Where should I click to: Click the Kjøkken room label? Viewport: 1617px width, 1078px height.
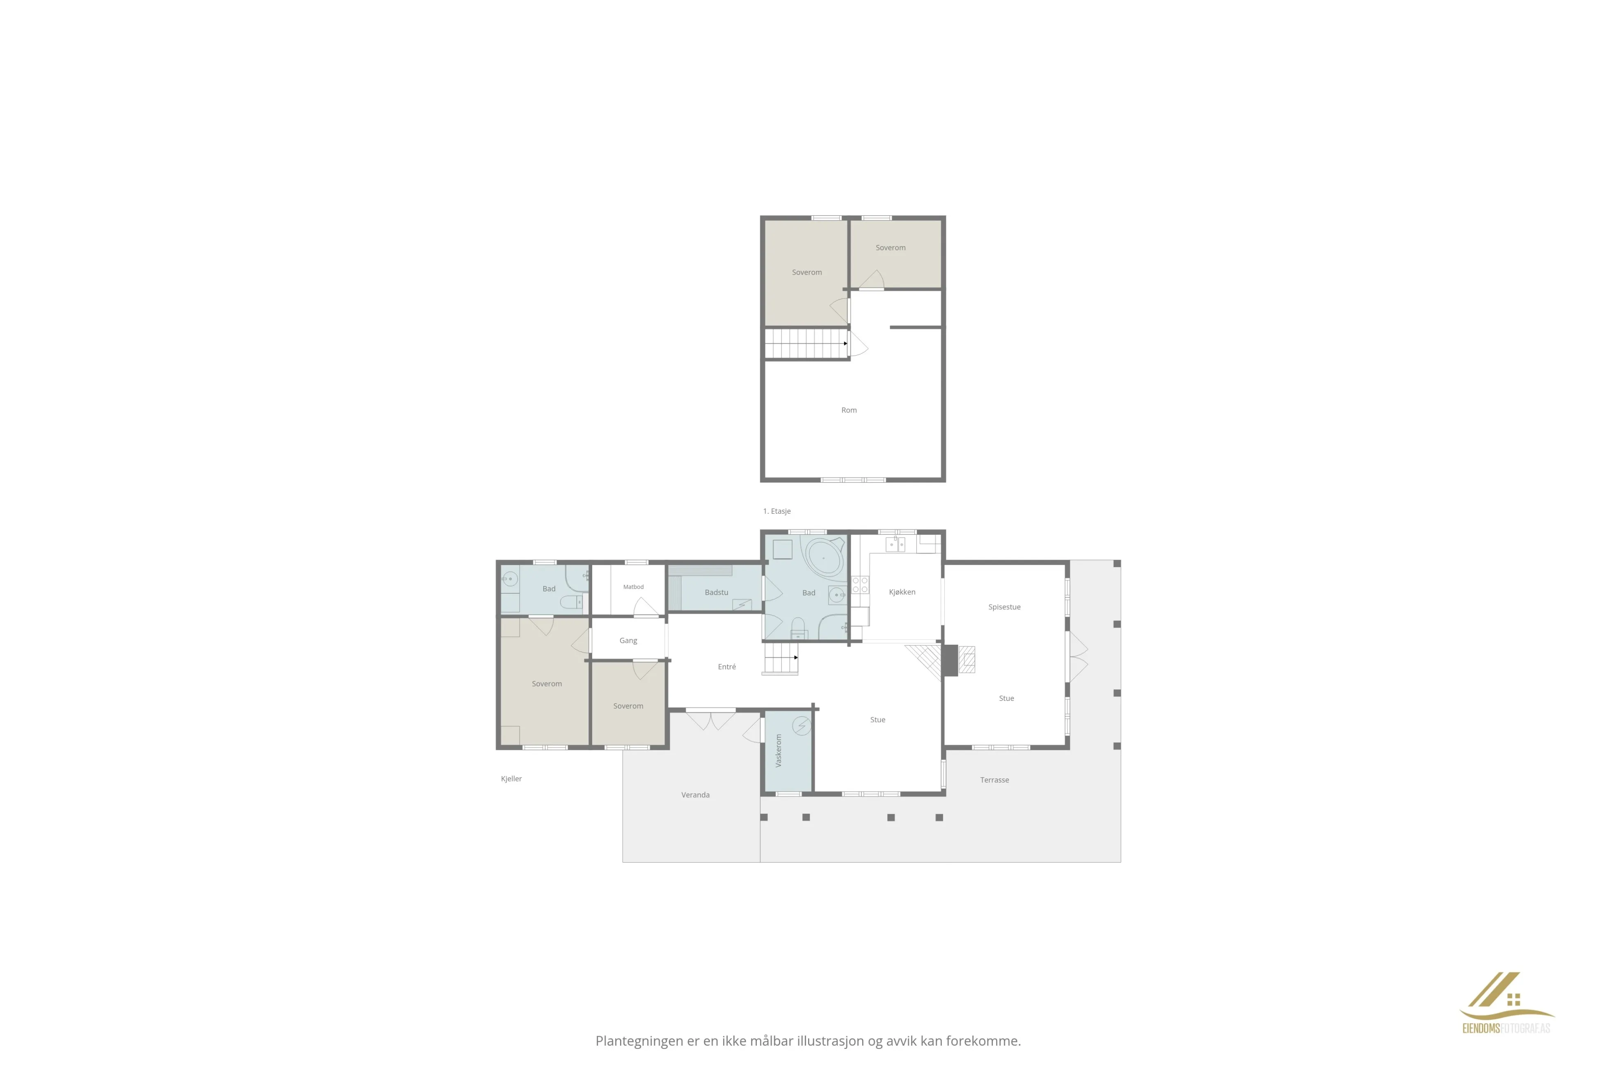(902, 592)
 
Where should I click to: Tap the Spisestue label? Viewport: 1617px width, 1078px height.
(1004, 607)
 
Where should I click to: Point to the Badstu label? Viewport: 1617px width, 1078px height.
(717, 592)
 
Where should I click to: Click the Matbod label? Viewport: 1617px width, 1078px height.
(633, 586)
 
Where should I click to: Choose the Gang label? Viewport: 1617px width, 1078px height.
(628, 641)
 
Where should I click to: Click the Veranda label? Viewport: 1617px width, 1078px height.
(695, 795)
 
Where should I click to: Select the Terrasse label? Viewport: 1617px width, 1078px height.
(995, 780)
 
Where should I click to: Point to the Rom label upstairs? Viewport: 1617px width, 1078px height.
(849, 410)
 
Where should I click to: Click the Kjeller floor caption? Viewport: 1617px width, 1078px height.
(511, 778)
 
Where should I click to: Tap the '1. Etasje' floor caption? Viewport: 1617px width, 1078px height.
(777, 511)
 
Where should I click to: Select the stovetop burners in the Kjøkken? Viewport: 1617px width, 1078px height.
(860, 585)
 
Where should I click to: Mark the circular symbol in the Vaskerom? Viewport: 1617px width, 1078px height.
(802, 726)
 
